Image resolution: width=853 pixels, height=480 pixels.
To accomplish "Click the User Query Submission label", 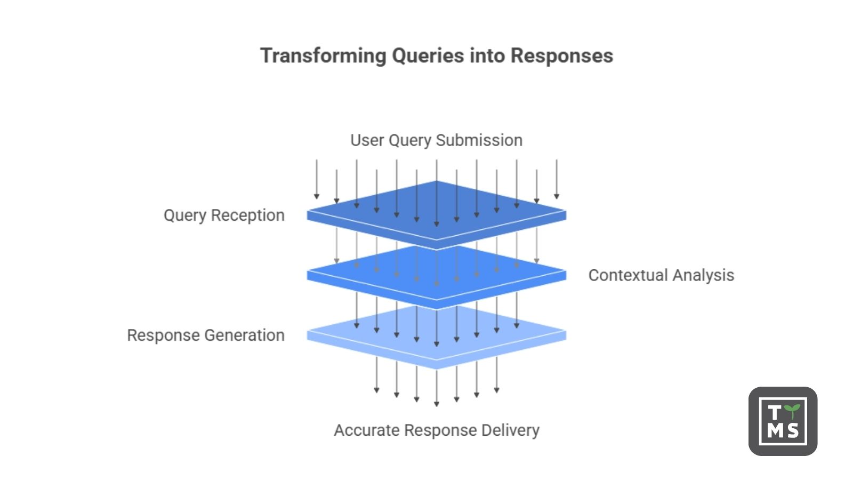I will (436, 140).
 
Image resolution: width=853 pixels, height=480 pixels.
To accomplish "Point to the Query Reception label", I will (224, 215).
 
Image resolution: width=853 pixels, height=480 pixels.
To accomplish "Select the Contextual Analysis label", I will (661, 275).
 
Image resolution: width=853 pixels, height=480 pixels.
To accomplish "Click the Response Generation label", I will (206, 335).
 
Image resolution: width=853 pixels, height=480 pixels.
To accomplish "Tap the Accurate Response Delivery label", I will (437, 430).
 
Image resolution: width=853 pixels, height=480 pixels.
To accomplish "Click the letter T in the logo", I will (774, 412).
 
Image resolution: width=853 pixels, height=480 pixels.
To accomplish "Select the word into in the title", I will (487, 56).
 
